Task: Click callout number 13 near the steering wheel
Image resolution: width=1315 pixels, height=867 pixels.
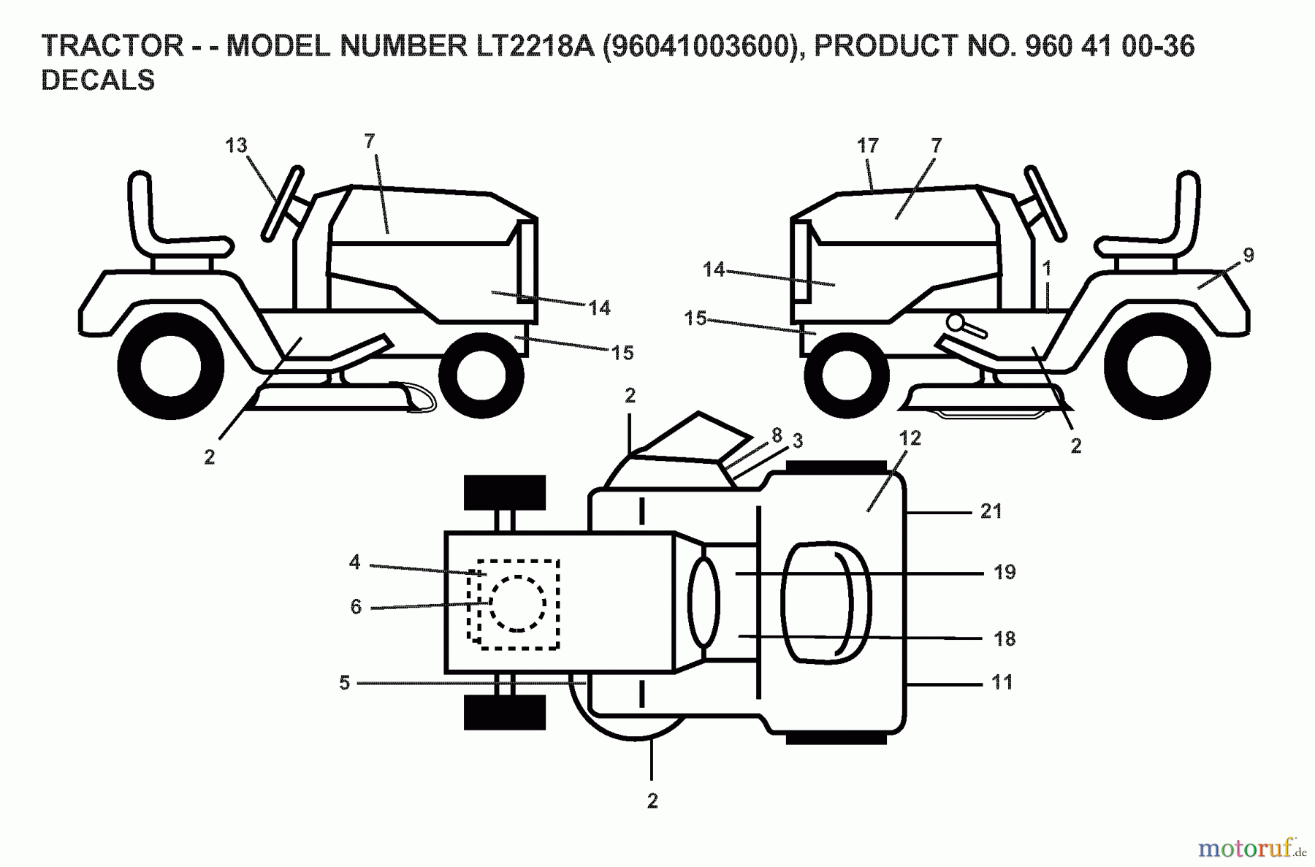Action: [x=236, y=146]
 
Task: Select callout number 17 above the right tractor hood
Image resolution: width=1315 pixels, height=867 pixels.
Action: [x=867, y=146]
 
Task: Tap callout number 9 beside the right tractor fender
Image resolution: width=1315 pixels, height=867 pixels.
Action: [x=1249, y=255]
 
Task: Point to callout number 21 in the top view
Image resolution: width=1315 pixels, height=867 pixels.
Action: [x=991, y=511]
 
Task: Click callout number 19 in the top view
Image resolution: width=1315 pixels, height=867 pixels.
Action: [x=1005, y=572]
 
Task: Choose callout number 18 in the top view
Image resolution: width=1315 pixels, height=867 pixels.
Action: [x=1005, y=638]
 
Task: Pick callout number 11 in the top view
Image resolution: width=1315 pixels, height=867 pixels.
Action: [x=1002, y=682]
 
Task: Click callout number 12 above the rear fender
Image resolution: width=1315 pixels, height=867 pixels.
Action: [x=910, y=438]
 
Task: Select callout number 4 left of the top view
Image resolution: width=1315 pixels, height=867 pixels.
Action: [x=355, y=562]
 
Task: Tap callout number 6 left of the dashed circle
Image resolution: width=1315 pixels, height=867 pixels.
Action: [x=356, y=607]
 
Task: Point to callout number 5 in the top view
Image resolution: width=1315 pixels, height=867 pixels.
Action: [x=345, y=682]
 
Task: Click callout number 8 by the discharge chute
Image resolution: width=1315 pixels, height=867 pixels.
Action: [x=777, y=435]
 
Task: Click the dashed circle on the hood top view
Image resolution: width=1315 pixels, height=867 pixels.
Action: [x=517, y=603]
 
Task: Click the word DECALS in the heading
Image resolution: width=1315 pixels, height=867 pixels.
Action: [x=98, y=80]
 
